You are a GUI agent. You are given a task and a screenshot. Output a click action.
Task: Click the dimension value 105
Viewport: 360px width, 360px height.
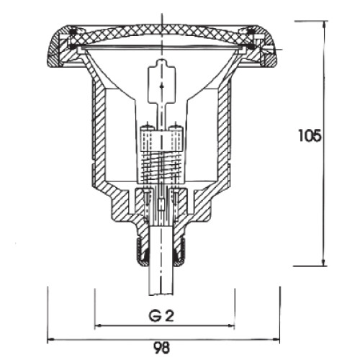[x=310, y=136]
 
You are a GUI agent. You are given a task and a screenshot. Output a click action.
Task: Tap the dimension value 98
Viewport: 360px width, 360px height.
[x=161, y=347]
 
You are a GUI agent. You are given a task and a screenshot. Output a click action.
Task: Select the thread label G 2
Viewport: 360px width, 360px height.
[x=161, y=316]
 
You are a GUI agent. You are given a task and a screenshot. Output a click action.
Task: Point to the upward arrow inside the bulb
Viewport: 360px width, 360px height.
[x=161, y=89]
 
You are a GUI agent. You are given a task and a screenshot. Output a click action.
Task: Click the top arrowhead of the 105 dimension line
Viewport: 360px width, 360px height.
[x=325, y=24]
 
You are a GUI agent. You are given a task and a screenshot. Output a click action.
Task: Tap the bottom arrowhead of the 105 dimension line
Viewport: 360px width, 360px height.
[x=324, y=262]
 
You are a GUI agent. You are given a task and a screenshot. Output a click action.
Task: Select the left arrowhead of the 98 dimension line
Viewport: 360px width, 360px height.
[x=51, y=339]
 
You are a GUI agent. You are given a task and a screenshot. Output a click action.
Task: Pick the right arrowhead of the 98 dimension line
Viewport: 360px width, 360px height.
[x=276, y=339]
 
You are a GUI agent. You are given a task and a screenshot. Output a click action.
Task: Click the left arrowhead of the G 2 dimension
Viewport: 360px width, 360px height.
[x=99, y=325]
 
